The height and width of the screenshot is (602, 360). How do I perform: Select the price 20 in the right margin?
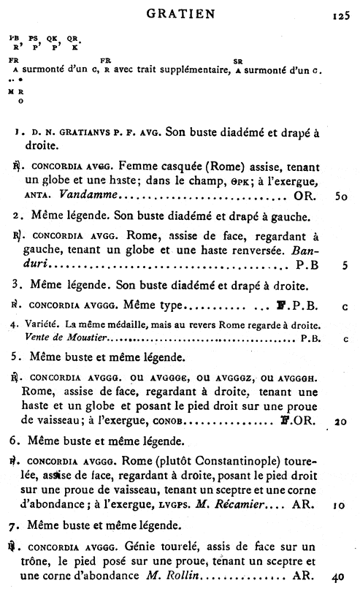tap(340, 422)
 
